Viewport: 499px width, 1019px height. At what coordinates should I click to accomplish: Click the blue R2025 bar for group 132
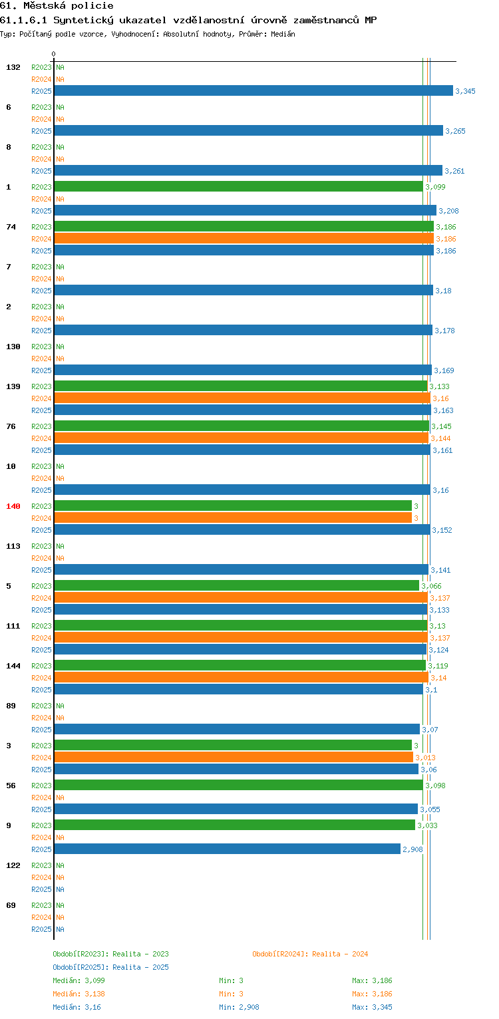click(x=253, y=90)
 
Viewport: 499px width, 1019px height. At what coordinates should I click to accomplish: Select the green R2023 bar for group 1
click(x=239, y=186)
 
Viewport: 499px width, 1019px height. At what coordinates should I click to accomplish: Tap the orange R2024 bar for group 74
click(x=244, y=238)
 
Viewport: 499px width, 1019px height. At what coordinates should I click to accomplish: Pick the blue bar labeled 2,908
click(x=228, y=849)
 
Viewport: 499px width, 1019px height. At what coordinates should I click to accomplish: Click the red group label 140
click(x=13, y=506)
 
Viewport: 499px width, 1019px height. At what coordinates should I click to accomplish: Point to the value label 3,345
click(x=465, y=91)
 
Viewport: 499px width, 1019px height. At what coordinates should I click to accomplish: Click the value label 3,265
click(x=455, y=131)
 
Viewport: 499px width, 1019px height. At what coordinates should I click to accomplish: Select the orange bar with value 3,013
click(x=234, y=757)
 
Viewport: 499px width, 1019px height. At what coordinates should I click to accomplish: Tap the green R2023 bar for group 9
click(x=235, y=825)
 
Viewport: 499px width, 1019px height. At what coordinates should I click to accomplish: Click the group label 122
click(x=13, y=865)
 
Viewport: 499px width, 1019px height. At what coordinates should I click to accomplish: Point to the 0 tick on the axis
click(x=54, y=54)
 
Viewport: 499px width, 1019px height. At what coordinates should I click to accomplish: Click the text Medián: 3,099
click(x=79, y=980)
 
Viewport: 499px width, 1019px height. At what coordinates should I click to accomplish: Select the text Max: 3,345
click(x=372, y=1007)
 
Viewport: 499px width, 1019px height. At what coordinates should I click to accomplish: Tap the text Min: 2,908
click(x=239, y=1007)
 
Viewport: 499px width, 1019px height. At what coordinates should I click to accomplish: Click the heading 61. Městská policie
click(x=57, y=6)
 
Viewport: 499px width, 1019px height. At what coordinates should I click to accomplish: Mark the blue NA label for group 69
click(x=60, y=929)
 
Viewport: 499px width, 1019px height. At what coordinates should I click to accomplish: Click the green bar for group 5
click(x=237, y=585)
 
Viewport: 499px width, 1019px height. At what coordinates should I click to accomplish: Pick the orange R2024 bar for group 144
click(x=242, y=677)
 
